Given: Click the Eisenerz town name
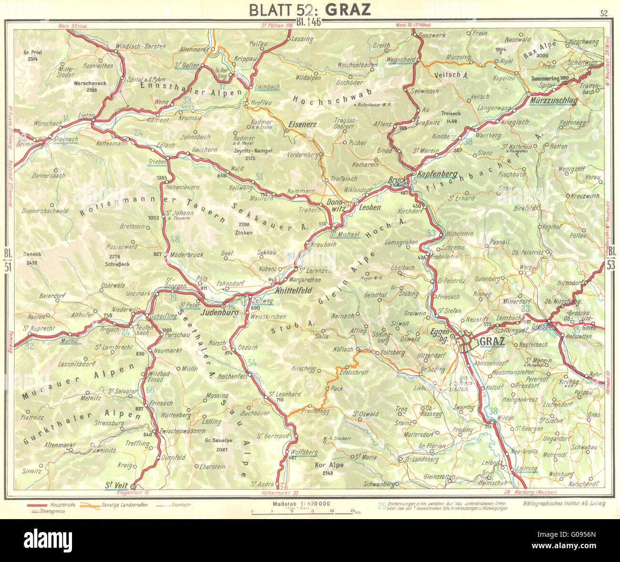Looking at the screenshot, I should point(303,123).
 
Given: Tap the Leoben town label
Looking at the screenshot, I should point(370,207).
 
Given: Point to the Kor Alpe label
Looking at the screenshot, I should point(329,465).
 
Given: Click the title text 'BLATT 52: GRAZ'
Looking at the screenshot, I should point(310,10).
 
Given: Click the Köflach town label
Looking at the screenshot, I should point(331,349).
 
